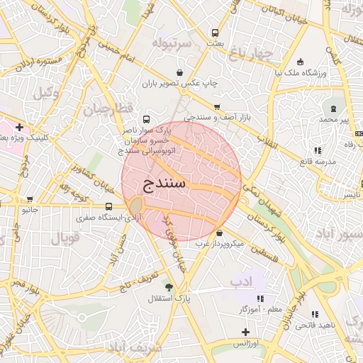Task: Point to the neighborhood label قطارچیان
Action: pyautogui.click(x=109, y=111)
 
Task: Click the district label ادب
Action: pyautogui.click(x=240, y=282)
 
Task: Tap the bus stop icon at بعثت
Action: pyautogui.click(x=215, y=33)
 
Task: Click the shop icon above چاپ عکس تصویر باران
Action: pyautogui.click(x=179, y=72)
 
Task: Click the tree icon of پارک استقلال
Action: pyautogui.click(x=168, y=286)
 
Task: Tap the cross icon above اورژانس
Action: pyautogui.click(x=245, y=332)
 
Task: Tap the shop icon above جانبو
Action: pyautogui.click(x=30, y=200)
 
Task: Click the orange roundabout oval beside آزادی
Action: pyautogui.click(x=135, y=206)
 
